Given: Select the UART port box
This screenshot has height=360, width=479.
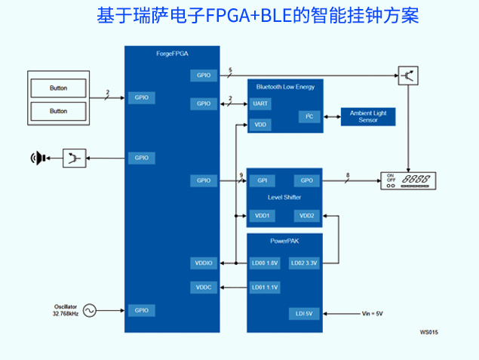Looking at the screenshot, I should (x=260, y=103).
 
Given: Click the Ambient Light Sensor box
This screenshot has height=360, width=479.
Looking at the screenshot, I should (x=368, y=116).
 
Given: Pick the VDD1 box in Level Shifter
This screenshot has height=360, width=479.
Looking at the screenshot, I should (x=263, y=216).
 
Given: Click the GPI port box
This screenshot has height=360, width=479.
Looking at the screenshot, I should (x=263, y=180).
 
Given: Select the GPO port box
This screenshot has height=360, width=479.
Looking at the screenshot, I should (x=306, y=180).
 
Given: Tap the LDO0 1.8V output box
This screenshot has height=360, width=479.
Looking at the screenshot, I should (x=265, y=263).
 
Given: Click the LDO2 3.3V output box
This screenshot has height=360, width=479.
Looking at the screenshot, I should (x=304, y=263).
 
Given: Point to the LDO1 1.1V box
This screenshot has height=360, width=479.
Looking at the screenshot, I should (x=265, y=288).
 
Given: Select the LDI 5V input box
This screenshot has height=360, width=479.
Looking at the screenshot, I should (x=305, y=313).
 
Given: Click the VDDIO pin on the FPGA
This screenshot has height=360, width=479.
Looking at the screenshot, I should (x=204, y=263).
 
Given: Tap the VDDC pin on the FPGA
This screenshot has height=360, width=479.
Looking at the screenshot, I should (x=204, y=288).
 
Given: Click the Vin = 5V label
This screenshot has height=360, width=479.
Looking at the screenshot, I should (x=373, y=313).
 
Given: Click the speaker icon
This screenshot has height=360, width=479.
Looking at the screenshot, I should (x=36, y=158).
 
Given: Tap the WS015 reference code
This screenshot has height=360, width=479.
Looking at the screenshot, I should (x=429, y=332).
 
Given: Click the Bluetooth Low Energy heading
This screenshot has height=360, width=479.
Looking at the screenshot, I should (x=285, y=87).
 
